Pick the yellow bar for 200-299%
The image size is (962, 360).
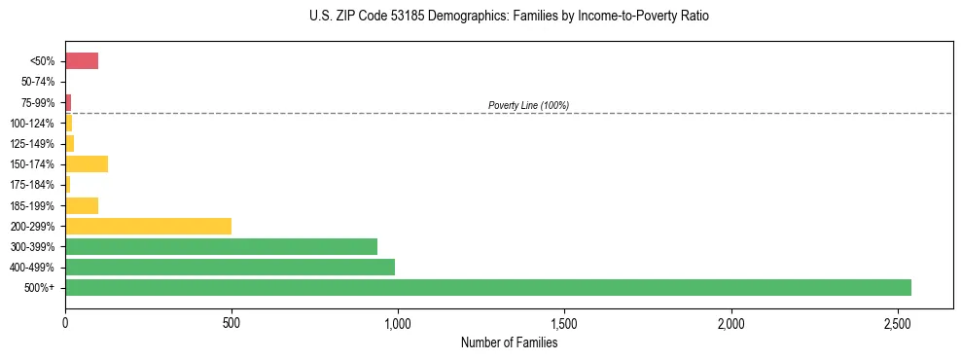pos(148,226)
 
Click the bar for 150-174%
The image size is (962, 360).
pos(87,163)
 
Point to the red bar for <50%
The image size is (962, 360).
pos(82,61)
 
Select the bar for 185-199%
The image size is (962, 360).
pos(82,205)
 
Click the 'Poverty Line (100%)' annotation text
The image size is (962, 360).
pos(528,105)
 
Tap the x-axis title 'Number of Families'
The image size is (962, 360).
pos(509,342)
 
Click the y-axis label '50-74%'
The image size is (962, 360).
pos(38,82)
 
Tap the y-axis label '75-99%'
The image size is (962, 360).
pos(38,102)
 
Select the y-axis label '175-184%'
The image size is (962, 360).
pos(34,185)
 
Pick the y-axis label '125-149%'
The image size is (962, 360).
pos(34,144)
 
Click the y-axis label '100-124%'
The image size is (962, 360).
pos(34,124)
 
